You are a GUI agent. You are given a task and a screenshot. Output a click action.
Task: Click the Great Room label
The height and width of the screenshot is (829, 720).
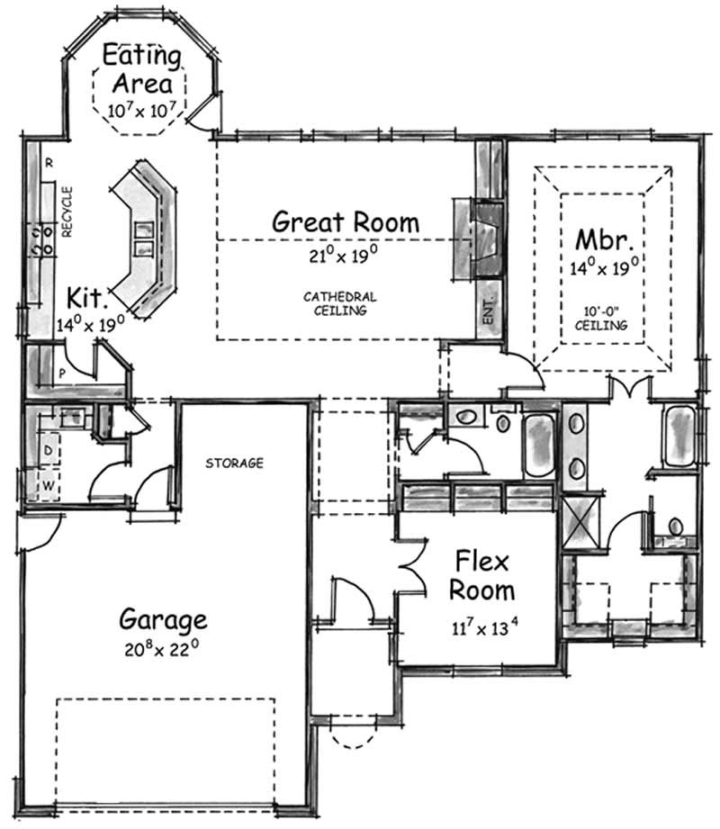(x=346, y=221)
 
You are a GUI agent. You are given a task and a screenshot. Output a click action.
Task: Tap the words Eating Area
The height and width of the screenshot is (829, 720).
(x=141, y=70)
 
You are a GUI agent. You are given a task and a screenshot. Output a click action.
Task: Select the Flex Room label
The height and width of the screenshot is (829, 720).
(x=482, y=577)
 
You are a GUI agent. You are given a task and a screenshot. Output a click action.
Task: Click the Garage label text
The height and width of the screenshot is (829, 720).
(x=163, y=620)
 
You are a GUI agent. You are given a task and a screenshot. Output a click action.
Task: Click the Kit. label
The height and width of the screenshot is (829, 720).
(x=89, y=298)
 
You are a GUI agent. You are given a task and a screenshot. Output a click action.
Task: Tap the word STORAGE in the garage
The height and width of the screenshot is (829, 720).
(x=234, y=464)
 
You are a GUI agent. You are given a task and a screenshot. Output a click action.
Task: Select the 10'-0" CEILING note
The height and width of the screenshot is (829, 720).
(x=604, y=320)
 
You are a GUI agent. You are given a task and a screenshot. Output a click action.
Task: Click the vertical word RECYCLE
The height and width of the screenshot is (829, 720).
(x=67, y=212)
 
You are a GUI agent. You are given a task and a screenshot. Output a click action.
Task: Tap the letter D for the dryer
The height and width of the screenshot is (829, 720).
(x=48, y=449)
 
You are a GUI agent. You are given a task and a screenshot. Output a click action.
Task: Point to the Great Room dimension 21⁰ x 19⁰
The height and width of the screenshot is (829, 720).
(x=338, y=255)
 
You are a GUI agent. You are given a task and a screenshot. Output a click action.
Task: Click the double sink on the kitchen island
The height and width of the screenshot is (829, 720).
(x=144, y=238)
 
